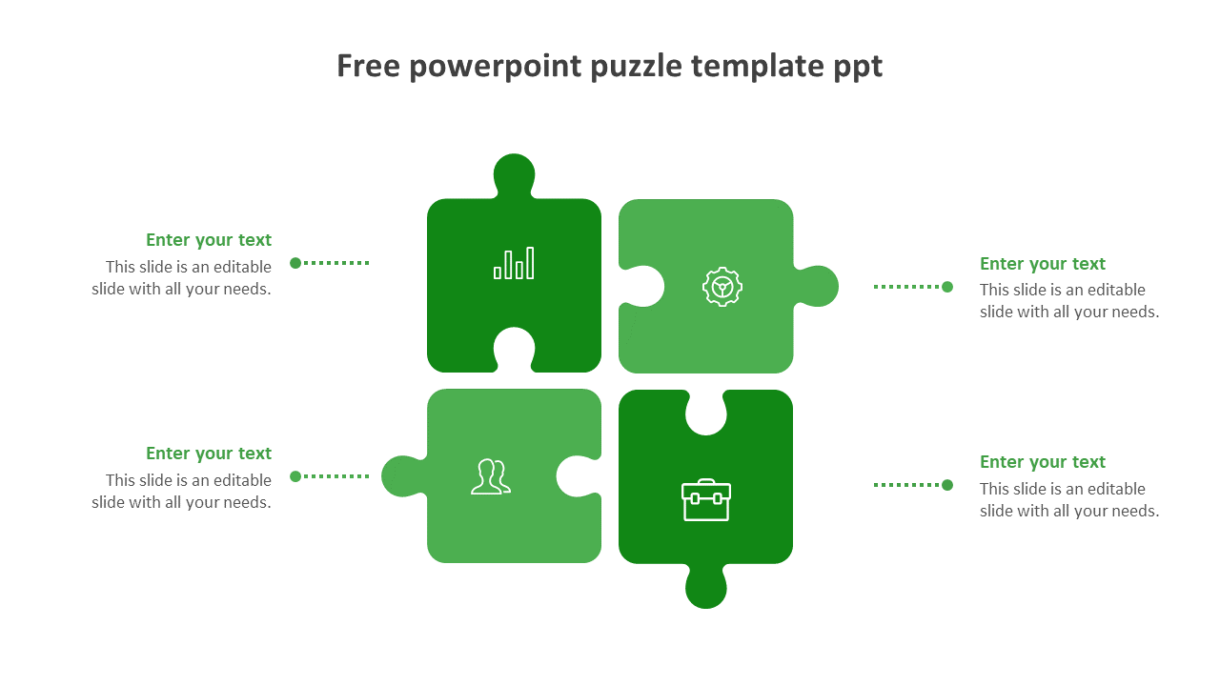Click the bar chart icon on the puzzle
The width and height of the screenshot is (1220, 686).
click(x=514, y=264)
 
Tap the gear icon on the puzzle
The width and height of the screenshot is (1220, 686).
click(x=722, y=286)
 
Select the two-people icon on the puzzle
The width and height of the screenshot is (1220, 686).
click(x=490, y=476)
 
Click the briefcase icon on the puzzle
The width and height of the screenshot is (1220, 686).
click(x=706, y=500)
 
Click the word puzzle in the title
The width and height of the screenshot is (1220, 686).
click(x=636, y=67)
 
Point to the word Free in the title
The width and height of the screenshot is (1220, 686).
click(x=368, y=66)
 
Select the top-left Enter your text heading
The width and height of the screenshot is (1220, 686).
click(x=209, y=240)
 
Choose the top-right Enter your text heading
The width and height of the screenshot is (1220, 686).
click(x=1043, y=264)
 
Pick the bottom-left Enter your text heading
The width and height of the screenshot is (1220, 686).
click(x=209, y=454)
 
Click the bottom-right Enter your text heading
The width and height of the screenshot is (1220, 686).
click(x=1043, y=462)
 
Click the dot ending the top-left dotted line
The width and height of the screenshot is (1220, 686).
click(x=295, y=263)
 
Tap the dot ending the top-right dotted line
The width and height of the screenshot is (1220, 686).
click(x=947, y=287)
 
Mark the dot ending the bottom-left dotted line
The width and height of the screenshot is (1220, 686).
click(x=295, y=476)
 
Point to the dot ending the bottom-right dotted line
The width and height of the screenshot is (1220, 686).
click(x=947, y=485)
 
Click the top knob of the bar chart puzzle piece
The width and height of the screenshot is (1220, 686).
click(x=515, y=173)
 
